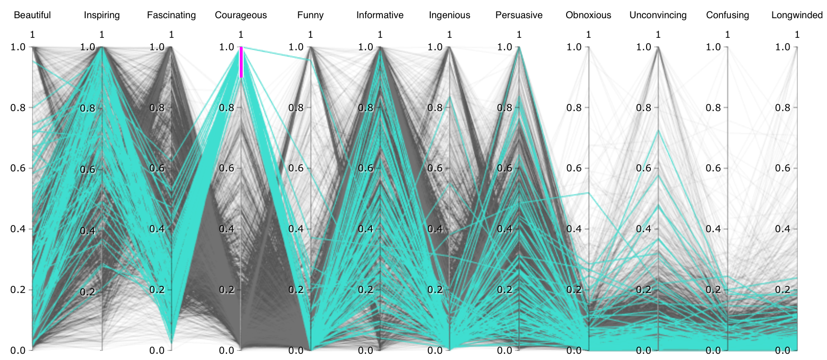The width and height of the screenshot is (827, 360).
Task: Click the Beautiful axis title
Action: (x=32, y=15)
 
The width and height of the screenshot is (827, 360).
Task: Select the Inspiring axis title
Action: (x=102, y=15)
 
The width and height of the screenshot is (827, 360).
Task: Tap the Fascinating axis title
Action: (x=171, y=15)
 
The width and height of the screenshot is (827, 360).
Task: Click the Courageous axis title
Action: (x=241, y=15)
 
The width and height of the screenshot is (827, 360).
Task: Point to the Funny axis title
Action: (x=310, y=15)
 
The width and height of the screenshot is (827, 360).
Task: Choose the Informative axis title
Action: (x=380, y=15)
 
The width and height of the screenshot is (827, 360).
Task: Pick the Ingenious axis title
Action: (x=449, y=15)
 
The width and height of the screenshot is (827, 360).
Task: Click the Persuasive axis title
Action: (x=519, y=15)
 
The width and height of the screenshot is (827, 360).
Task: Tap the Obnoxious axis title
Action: (x=588, y=15)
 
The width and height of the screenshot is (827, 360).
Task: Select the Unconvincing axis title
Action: (x=658, y=15)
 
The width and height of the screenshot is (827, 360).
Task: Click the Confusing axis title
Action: (x=727, y=15)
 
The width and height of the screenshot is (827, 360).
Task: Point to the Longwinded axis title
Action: (x=797, y=15)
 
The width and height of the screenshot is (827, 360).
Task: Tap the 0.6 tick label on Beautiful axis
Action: (x=18, y=169)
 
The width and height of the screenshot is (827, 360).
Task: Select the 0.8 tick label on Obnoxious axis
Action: (x=574, y=108)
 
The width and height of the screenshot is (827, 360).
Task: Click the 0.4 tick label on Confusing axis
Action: (x=713, y=229)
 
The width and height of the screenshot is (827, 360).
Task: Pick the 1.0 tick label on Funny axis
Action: (x=296, y=47)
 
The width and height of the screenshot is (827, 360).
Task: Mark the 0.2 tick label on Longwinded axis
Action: (x=782, y=290)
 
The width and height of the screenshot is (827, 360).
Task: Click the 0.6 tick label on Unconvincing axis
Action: (x=644, y=169)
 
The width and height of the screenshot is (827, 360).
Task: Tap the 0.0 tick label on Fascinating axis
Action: (x=157, y=350)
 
